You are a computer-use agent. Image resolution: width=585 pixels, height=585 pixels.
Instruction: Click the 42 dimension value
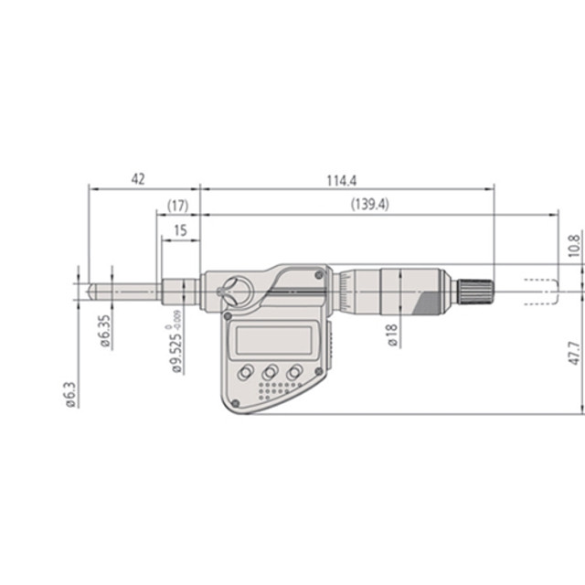(138, 178)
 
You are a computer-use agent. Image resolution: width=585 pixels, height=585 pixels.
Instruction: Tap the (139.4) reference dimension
(369, 206)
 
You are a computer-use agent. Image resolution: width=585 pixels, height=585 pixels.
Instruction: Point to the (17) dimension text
(177, 206)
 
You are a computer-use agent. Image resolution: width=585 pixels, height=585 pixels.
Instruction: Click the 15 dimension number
(179, 231)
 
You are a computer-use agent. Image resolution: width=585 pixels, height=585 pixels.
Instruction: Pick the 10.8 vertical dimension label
(573, 246)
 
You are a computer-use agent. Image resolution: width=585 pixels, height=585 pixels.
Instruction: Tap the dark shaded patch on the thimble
(429, 303)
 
